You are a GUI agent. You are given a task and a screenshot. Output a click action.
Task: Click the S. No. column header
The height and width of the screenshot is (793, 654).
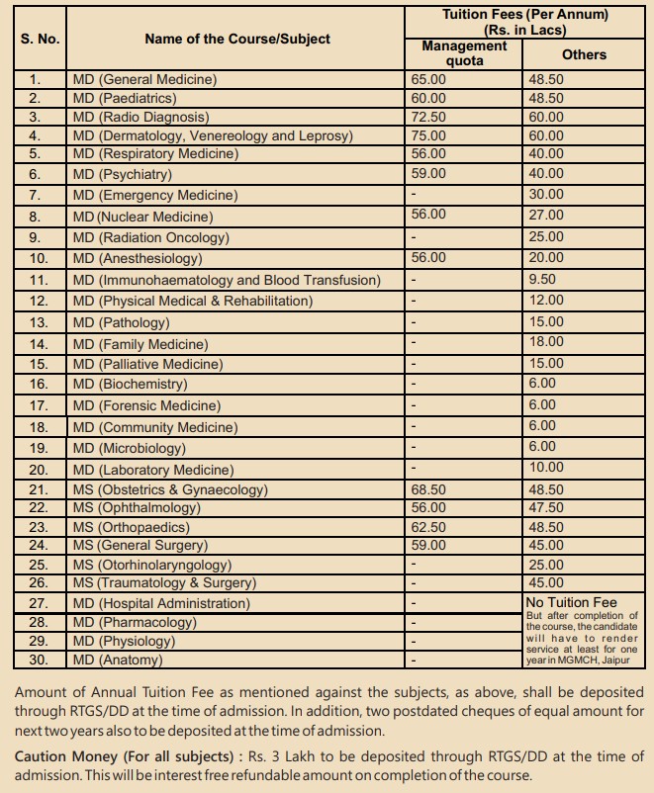pyautogui.click(x=40, y=39)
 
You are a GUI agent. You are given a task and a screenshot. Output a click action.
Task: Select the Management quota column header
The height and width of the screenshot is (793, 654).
pyautogui.click(x=464, y=53)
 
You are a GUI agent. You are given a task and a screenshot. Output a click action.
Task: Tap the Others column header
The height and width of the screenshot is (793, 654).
pyautogui.click(x=584, y=54)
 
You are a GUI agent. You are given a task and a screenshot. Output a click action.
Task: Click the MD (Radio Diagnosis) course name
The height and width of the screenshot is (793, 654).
pyautogui.click(x=138, y=117)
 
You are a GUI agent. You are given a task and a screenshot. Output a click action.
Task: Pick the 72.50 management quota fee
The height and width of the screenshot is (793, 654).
pyautogui.click(x=428, y=117)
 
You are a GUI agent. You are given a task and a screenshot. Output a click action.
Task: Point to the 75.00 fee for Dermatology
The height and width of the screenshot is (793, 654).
pyautogui.click(x=428, y=135)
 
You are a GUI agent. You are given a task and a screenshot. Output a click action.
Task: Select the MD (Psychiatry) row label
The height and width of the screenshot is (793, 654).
pyautogui.click(x=122, y=175)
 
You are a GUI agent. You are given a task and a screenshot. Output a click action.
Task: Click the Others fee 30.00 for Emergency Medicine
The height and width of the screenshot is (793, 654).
pyautogui.click(x=546, y=195)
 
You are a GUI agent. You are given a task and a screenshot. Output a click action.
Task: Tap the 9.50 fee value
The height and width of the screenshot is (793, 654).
pyautogui.click(x=542, y=280)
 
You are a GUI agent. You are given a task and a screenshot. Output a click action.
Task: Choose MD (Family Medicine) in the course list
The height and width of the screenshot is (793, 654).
pyautogui.click(x=140, y=344)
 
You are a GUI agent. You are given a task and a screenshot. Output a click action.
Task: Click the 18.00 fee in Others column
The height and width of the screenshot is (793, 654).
pyautogui.click(x=546, y=342)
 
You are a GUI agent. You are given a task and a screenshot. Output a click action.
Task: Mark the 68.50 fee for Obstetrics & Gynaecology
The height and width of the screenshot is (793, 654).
pyautogui.click(x=428, y=489)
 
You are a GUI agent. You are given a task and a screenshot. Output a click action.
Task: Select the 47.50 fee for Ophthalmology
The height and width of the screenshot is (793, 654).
pyautogui.click(x=546, y=507)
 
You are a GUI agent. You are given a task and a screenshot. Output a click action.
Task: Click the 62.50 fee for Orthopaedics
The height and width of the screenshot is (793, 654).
pyautogui.click(x=428, y=527)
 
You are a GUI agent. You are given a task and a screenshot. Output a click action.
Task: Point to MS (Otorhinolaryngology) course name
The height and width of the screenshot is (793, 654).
pyautogui.click(x=151, y=565)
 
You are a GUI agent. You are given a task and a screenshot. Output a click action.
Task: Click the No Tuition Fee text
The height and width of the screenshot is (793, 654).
pyautogui.click(x=571, y=601)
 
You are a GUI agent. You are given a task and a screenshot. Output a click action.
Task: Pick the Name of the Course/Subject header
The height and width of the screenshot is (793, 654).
pyautogui.click(x=237, y=39)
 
